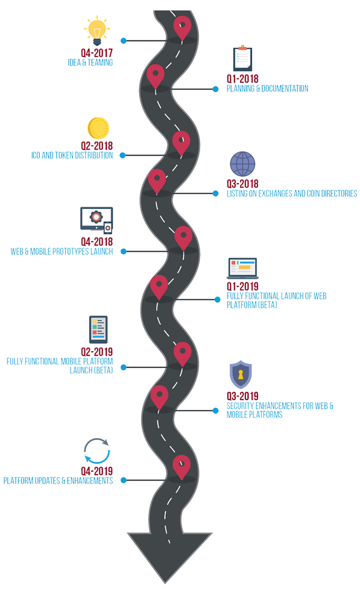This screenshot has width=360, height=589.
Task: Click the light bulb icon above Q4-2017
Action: coord(96,31)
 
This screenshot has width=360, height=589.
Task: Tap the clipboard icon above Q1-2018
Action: coord(242,59)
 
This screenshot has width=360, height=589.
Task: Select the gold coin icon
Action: coord(98,128)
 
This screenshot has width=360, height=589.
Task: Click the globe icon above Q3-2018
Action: coord(242,164)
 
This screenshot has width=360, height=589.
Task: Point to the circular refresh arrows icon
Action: coord(96,451)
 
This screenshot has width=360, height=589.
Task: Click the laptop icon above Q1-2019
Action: coord(242,269)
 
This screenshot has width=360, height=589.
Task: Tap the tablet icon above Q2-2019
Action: coord(98,329)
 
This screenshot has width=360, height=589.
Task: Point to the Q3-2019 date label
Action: coord(242,396)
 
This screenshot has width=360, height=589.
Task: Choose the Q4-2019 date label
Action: coord(97,471)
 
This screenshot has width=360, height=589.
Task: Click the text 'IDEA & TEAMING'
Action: coord(90,63)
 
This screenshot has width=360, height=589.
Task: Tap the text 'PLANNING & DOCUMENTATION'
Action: coord(267,88)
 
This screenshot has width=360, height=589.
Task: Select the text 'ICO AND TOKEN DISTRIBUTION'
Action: coord(72,155)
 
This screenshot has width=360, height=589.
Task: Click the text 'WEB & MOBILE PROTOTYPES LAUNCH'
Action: coord(62,251)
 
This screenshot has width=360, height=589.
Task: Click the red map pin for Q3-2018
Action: coord(157,180)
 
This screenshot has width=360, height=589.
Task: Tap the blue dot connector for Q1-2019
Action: coord(217,299)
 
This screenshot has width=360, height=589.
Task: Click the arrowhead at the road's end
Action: coord(170,556)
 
